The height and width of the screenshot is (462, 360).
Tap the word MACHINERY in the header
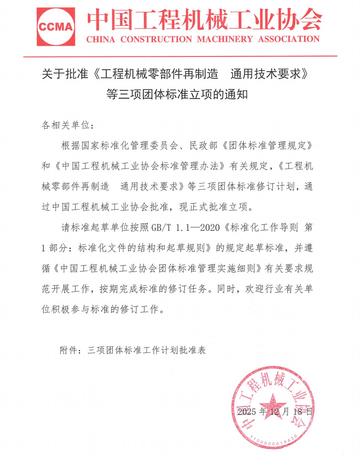click(226, 39)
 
